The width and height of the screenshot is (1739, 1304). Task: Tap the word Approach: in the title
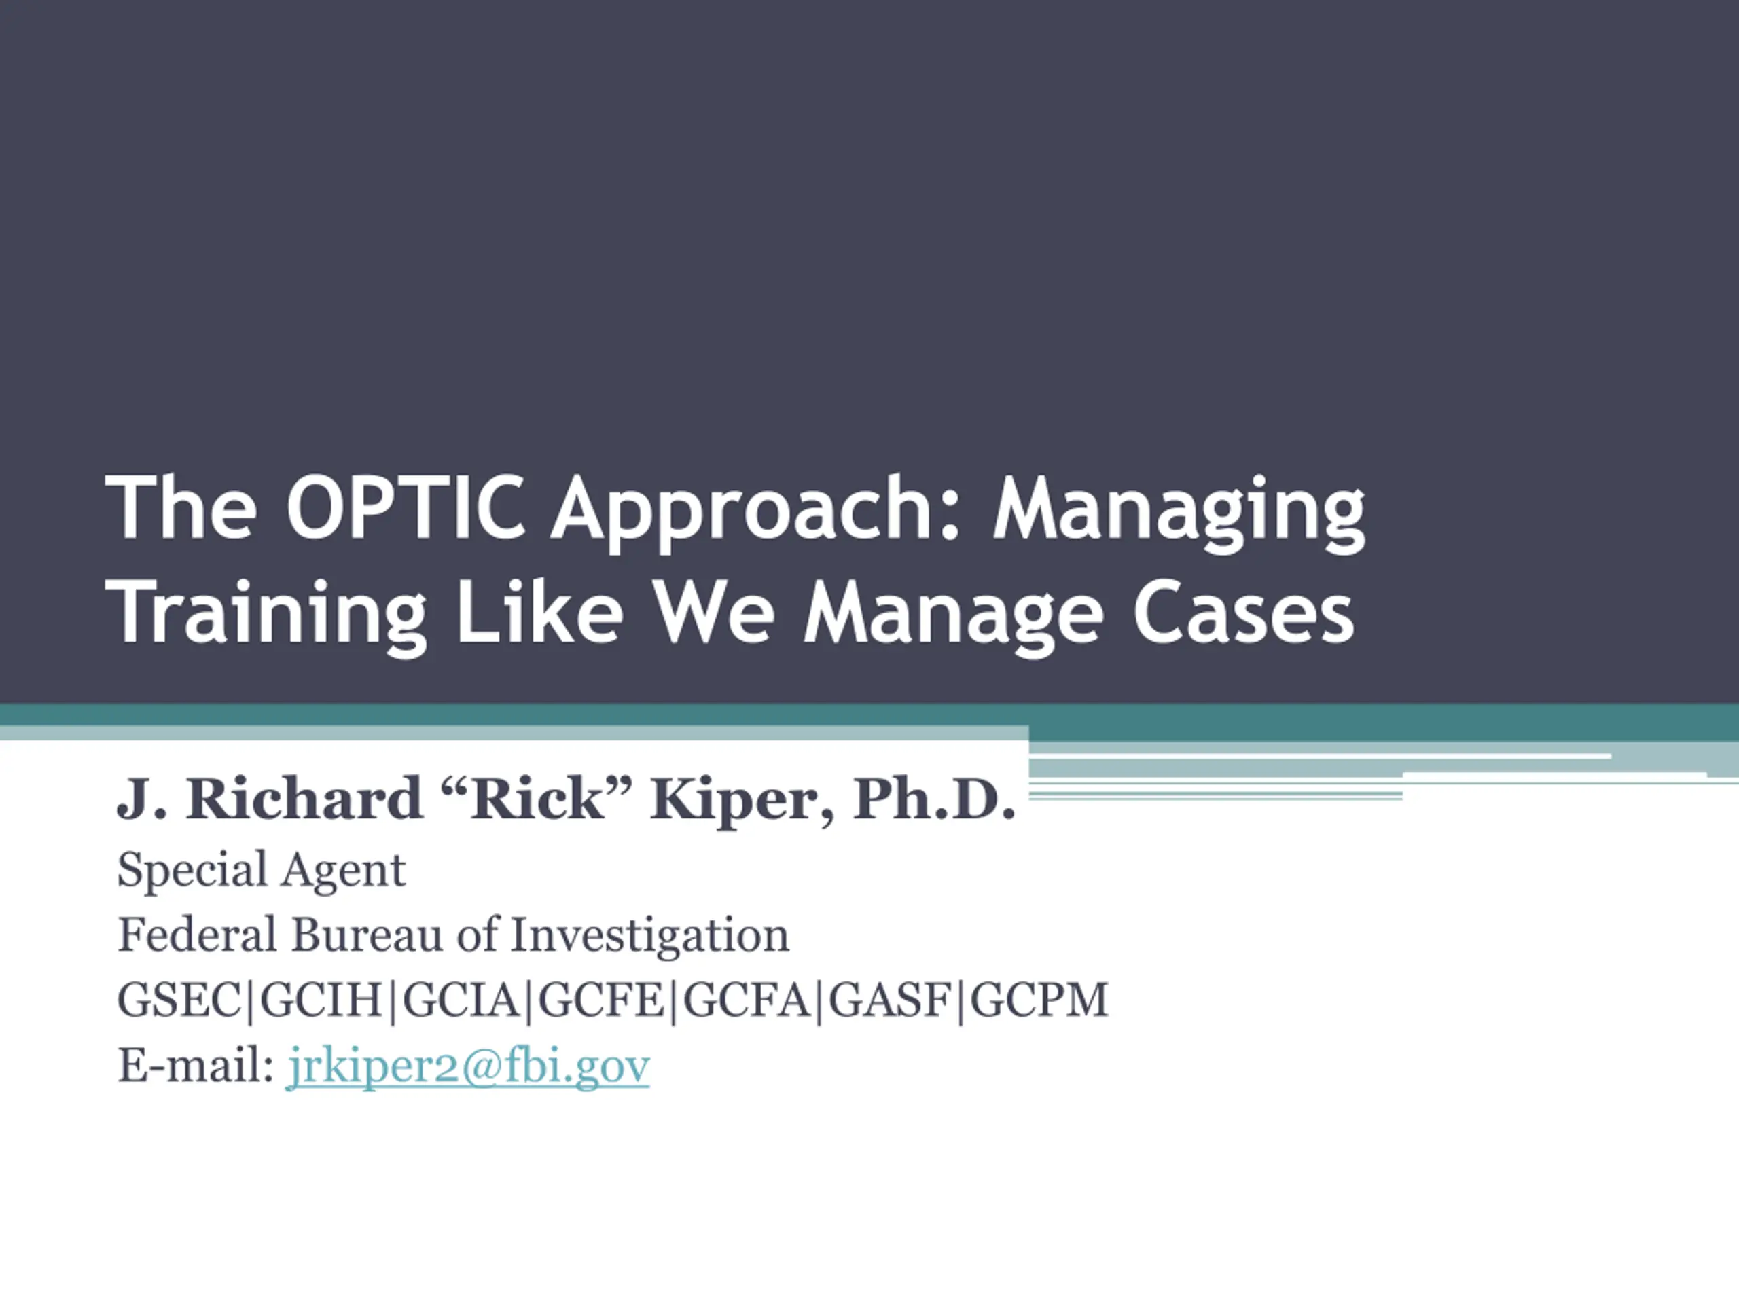(755, 514)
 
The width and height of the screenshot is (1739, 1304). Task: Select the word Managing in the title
(1179, 514)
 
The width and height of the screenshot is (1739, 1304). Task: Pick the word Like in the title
(539, 611)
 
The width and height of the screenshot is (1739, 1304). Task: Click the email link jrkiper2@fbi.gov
(468, 1066)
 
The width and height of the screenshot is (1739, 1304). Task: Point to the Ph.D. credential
(935, 799)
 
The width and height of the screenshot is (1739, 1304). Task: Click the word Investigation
(649, 936)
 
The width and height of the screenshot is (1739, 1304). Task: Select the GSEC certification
(179, 1000)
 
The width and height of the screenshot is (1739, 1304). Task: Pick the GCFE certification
(600, 1000)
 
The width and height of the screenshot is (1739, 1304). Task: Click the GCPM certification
(1039, 1000)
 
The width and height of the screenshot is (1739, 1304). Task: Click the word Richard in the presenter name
(304, 799)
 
